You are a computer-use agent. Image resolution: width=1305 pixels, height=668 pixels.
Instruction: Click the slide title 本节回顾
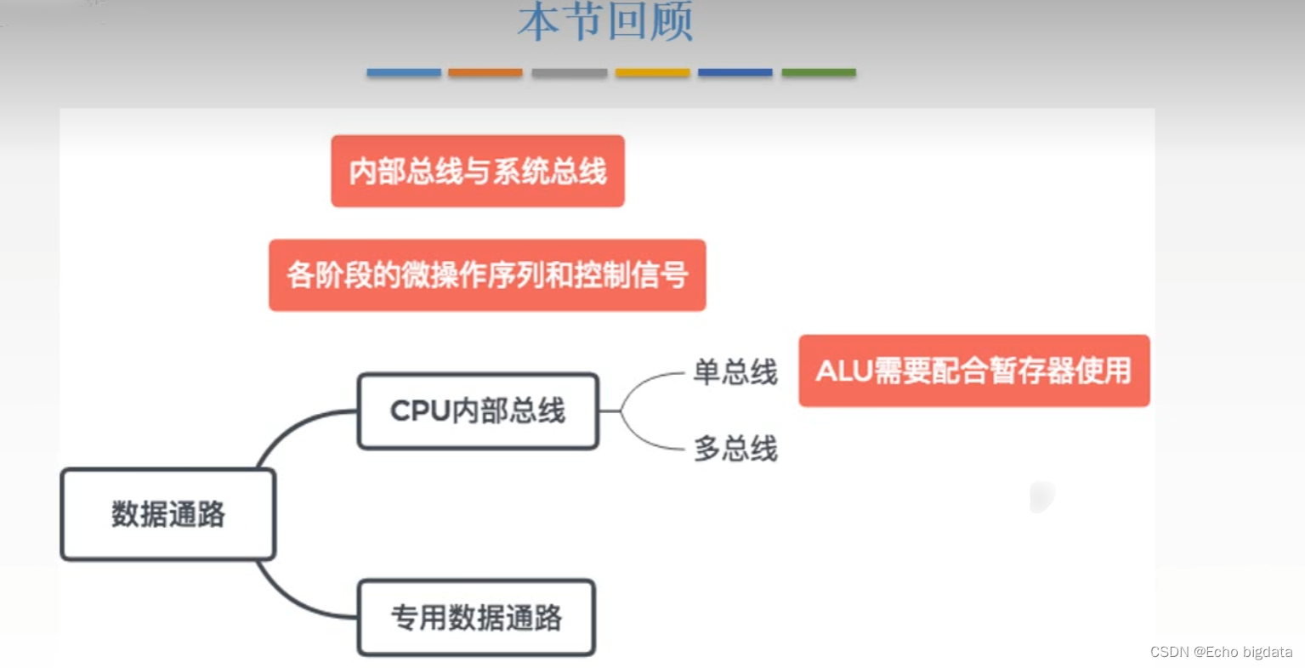coord(605,22)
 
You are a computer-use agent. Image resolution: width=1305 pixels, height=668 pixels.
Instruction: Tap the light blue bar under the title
coord(404,73)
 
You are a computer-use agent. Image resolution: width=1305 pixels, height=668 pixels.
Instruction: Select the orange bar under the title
coord(485,73)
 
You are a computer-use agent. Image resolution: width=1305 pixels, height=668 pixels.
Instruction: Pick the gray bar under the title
coord(569,73)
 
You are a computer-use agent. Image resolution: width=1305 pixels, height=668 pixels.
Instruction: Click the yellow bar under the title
coord(652,73)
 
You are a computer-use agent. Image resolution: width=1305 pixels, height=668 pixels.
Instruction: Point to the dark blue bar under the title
coord(735,73)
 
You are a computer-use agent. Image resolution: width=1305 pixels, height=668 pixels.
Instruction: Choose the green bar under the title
coord(819,73)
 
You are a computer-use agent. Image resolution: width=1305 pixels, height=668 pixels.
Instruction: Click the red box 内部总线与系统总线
coord(478,171)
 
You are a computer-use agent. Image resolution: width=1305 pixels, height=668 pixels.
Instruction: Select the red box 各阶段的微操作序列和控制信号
coord(487,275)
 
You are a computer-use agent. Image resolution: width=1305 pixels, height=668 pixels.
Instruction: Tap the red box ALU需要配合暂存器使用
coord(974,371)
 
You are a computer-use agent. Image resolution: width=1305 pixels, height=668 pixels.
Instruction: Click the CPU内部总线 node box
coord(478,411)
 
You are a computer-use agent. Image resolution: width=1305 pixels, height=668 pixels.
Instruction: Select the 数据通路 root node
coord(168,514)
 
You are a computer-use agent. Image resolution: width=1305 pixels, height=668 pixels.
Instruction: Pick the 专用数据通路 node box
coord(476,618)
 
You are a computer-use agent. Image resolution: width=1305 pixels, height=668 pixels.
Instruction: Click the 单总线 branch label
coord(735,372)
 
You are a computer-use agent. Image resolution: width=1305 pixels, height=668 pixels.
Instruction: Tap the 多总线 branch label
coord(735,449)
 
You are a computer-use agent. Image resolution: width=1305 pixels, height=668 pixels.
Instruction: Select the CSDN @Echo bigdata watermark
coord(1221,652)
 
